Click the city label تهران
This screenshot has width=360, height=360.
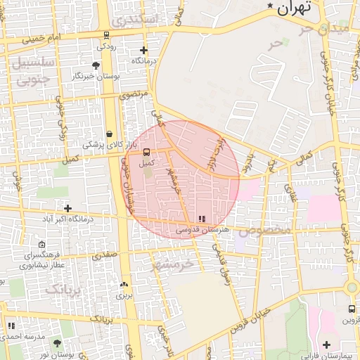point(292,8)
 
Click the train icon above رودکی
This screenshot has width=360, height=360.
point(106,35)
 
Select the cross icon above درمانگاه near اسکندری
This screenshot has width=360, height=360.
point(143,51)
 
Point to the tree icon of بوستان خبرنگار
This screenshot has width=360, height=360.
point(96,65)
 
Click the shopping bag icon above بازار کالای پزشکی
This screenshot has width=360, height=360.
point(109,134)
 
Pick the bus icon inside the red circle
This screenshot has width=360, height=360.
point(146,152)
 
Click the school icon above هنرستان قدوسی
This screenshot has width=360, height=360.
point(202,219)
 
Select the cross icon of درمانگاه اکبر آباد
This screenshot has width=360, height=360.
point(67,208)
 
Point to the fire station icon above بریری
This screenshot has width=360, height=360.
point(124,285)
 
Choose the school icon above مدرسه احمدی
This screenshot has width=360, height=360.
point(11,326)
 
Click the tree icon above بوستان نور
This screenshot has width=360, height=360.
point(57,343)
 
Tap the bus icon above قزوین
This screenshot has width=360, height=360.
point(352,309)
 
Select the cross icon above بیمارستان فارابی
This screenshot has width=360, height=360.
point(326,345)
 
